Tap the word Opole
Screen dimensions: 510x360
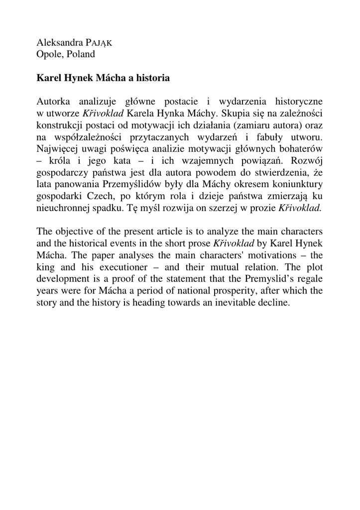pyautogui.click(x=48, y=53)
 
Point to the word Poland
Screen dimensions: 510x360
pyautogui.click(x=80, y=53)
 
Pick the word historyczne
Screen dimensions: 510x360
pyautogui.click(x=298, y=100)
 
